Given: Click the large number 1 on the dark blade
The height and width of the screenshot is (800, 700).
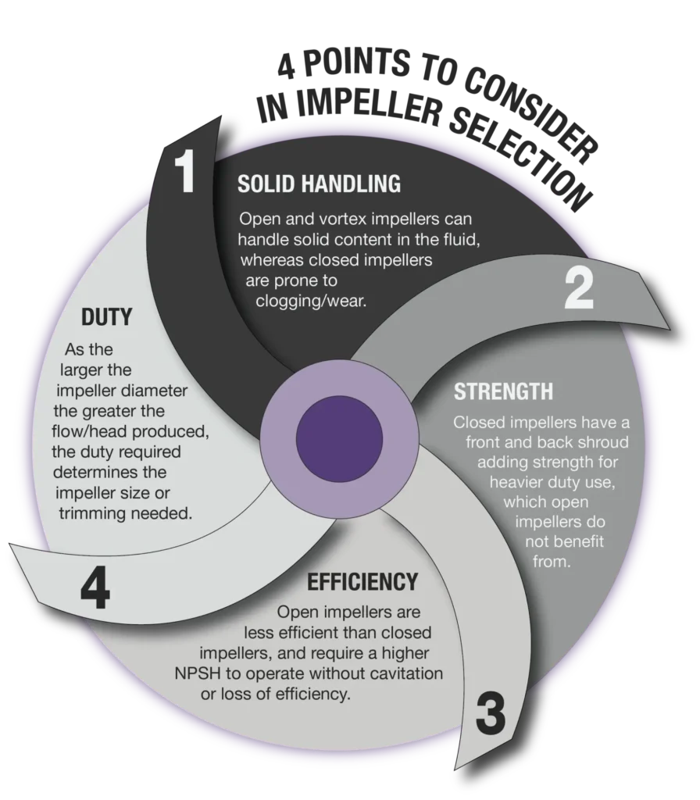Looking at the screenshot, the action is [x=185, y=170].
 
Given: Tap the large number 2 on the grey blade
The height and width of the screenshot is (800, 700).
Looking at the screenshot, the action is [x=579, y=288].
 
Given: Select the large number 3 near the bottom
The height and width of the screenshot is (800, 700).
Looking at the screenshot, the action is [x=491, y=714].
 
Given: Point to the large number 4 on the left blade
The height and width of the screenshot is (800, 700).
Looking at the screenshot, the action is [x=95, y=588].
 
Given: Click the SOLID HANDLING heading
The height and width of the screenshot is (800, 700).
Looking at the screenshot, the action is [x=319, y=184].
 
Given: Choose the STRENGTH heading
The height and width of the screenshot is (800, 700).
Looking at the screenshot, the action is [x=503, y=391].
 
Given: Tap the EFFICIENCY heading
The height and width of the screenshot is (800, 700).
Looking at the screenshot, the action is [x=362, y=581].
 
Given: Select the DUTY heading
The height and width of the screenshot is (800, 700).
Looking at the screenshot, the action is [x=106, y=317].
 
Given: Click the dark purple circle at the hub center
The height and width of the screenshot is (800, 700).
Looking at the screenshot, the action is [x=339, y=438].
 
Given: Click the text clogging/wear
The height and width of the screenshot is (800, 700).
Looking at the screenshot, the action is [x=311, y=301].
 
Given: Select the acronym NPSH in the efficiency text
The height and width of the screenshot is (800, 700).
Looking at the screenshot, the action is [x=198, y=673].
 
